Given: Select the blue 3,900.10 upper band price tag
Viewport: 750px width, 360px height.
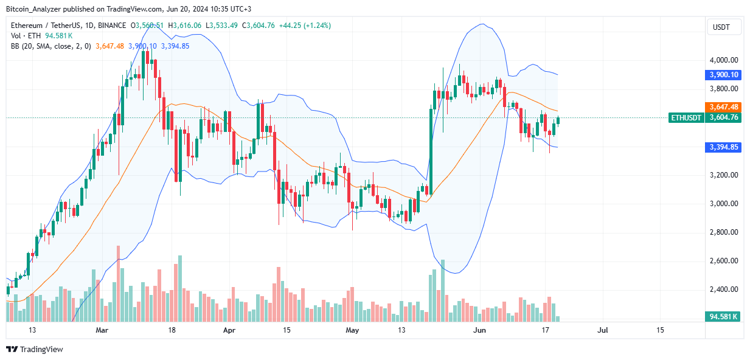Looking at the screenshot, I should [723, 74].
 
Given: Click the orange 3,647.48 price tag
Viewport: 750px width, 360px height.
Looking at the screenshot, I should [723, 106].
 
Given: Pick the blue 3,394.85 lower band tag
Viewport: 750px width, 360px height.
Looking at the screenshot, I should [723, 147].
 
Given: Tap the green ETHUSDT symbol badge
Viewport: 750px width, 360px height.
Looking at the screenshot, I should [686, 118].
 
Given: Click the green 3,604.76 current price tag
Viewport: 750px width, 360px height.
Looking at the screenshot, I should [723, 118].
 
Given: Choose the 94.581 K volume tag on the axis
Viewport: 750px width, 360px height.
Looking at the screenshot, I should [723, 316].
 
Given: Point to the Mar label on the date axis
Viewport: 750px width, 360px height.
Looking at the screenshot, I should [102, 330].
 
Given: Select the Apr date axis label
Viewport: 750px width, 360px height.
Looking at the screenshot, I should [229, 330].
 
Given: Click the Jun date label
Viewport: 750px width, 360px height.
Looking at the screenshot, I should [479, 330].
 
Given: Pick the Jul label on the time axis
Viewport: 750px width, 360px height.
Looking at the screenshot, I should [603, 330].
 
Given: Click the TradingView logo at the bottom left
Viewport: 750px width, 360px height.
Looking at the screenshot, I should [35, 349].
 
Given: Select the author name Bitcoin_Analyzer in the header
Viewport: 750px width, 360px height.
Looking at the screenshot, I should [38, 9].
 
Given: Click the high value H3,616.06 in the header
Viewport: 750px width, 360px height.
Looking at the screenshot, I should [187, 26].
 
